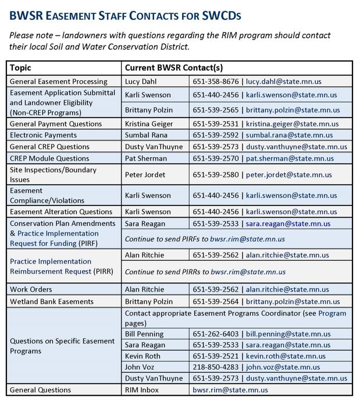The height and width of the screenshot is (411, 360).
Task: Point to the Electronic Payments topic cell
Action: [43, 135]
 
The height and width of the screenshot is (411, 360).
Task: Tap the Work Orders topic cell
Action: [31, 289]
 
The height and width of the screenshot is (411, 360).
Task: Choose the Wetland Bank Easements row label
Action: [52, 301]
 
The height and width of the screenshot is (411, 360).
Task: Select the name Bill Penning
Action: [145, 334]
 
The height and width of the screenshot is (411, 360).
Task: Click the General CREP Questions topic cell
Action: [49, 146]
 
